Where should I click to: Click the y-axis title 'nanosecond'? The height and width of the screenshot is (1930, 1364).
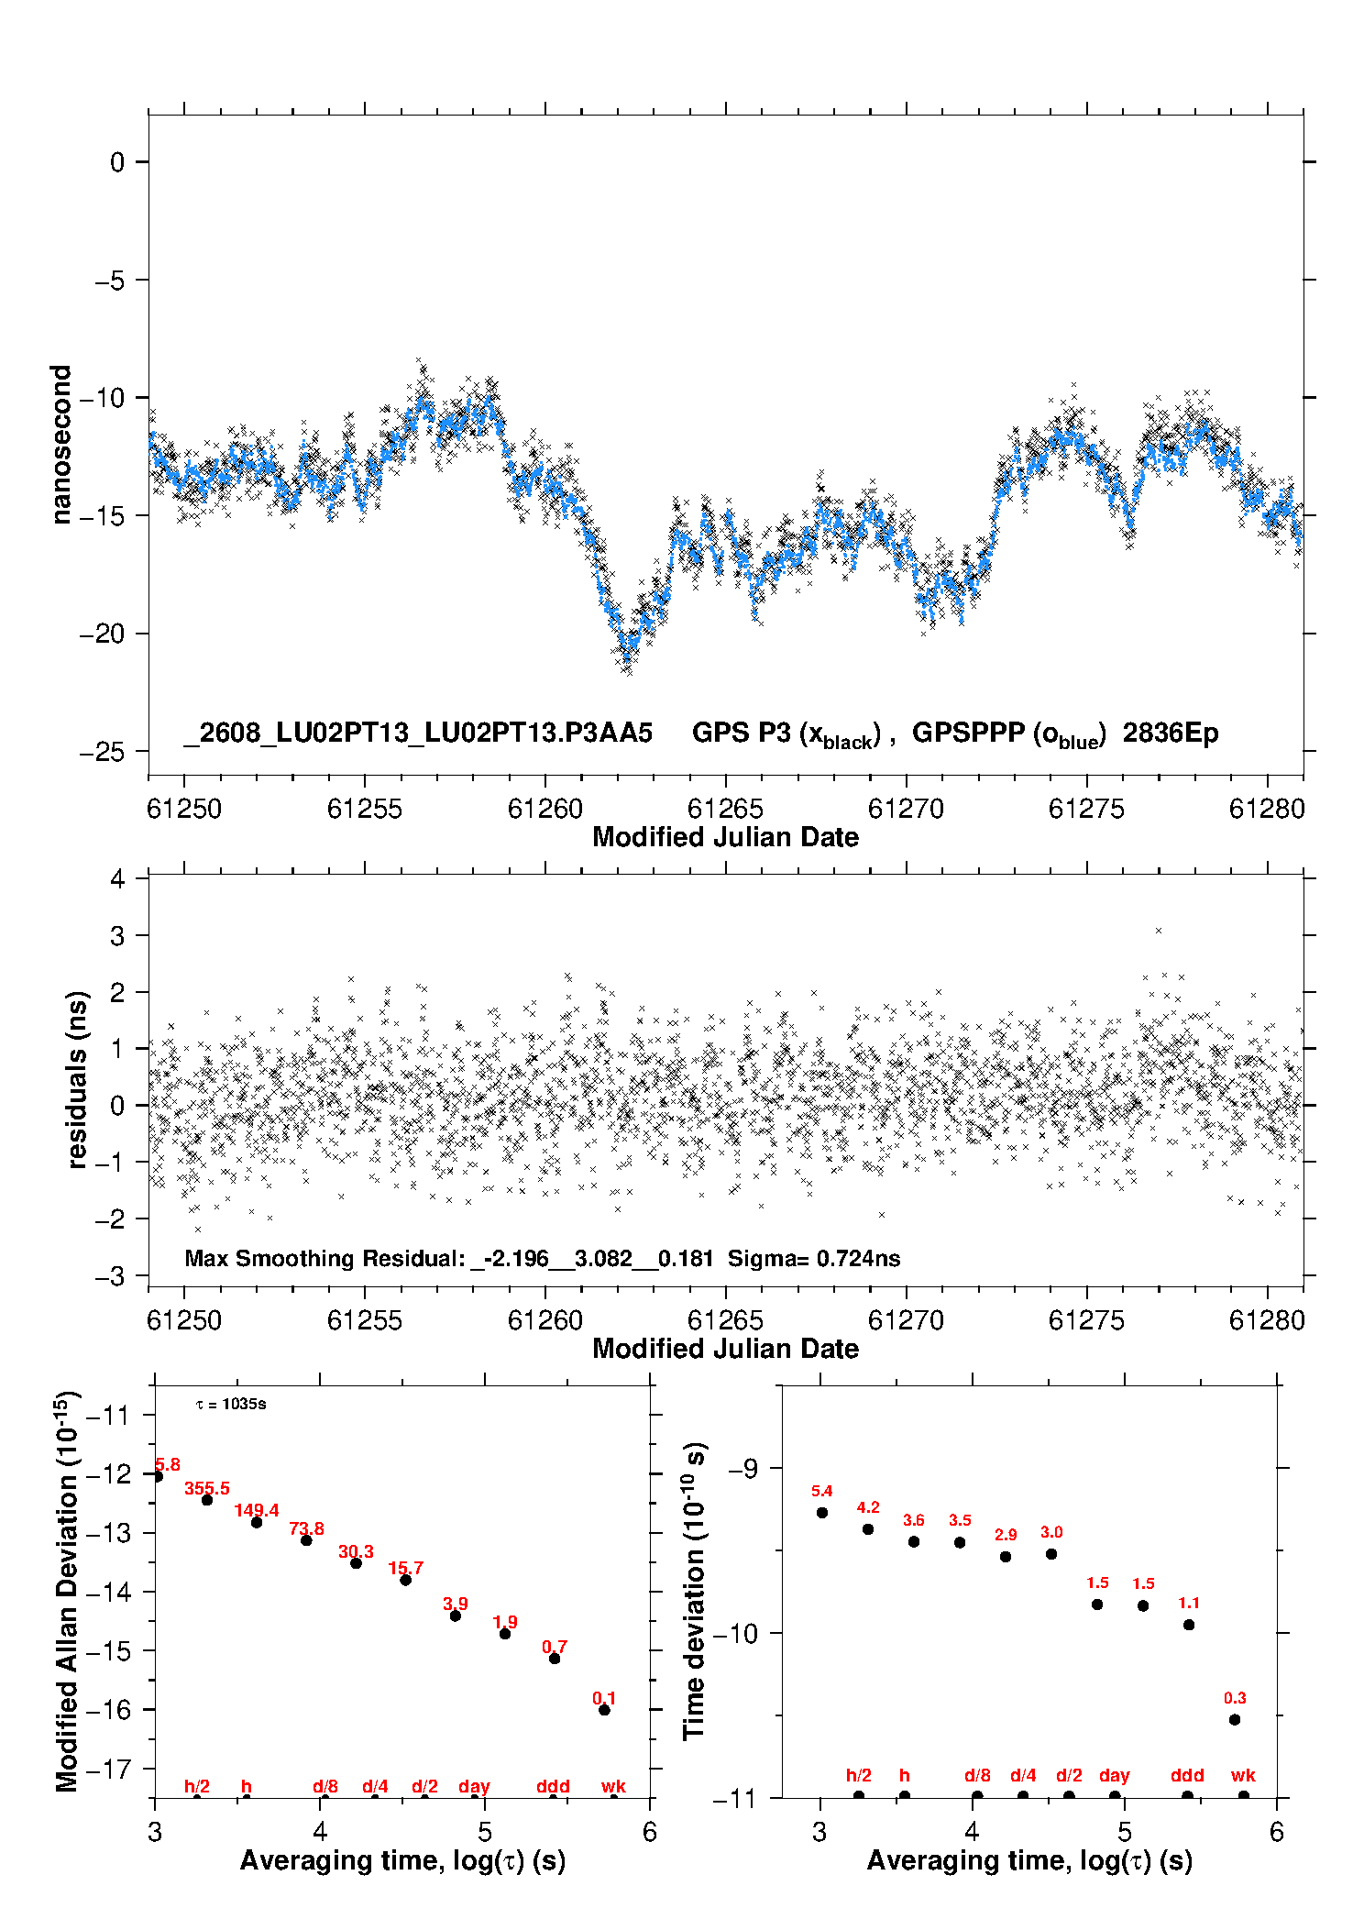pyautogui.click(x=60, y=445)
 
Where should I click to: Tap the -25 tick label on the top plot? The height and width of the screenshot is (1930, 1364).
pyautogui.click(x=102, y=752)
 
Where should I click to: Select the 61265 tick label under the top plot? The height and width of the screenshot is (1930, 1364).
pyautogui.click(x=725, y=809)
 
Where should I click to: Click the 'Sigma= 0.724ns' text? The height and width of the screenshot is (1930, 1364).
pyautogui.click(x=814, y=1258)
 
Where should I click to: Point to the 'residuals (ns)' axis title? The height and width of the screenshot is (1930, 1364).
pyautogui.click(x=78, y=1079)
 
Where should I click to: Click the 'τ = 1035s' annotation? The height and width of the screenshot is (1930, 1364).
pyautogui.click(x=231, y=1404)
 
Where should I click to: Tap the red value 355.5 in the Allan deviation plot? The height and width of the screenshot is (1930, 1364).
pyautogui.click(x=207, y=1488)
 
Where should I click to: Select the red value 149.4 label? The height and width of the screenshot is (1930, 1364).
pyautogui.click(x=257, y=1510)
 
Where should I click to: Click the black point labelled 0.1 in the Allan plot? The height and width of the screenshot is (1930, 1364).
pyautogui.click(x=604, y=1710)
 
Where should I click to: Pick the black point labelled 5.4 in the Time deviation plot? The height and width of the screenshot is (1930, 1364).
pyautogui.click(x=822, y=1513)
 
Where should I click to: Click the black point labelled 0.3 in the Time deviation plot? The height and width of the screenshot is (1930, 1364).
pyautogui.click(x=1235, y=1720)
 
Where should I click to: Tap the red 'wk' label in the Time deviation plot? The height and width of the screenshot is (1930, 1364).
pyautogui.click(x=1243, y=1776)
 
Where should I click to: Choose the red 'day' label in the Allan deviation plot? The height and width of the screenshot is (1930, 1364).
pyautogui.click(x=474, y=1787)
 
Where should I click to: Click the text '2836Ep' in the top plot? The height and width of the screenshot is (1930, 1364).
pyautogui.click(x=1171, y=733)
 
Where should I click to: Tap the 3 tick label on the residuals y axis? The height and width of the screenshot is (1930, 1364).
pyautogui.click(x=117, y=936)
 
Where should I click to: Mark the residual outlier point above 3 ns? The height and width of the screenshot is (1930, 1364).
pyautogui.click(x=1159, y=931)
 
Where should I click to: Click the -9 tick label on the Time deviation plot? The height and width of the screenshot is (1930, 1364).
pyautogui.click(x=744, y=1469)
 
